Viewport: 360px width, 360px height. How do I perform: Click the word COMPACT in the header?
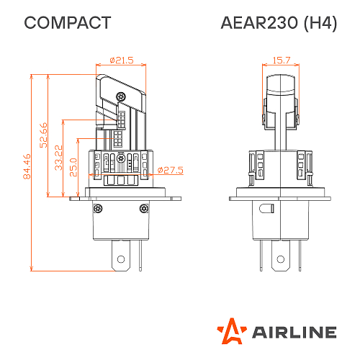pyautogui.click(x=68, y=23)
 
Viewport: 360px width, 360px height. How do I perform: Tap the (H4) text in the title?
pyautogui.click(x=320, y=23)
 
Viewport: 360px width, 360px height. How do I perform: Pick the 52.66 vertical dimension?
pyautogui.click(x=42, y=135)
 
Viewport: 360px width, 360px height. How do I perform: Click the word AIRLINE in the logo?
pyautogui.click(x=293, y=332)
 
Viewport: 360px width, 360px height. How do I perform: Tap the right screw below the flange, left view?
pyautogui.click(x=145, y=209)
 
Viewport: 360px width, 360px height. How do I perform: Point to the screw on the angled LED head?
pyautogui.click(x=123, y=96)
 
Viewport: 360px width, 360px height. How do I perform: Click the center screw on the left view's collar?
pyautogui.click(x=120, y=158)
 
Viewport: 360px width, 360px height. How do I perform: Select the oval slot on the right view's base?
pyautogui.click(x=267, y=209)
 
